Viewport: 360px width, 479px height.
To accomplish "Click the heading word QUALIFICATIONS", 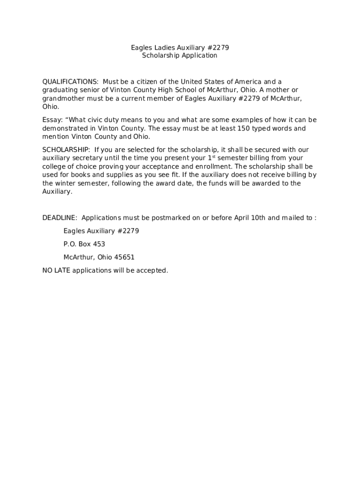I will click(x=70, y=82).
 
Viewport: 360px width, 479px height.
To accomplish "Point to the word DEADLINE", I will click(x=60, y=218).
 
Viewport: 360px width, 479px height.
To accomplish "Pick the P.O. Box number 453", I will click(x=100, y=244).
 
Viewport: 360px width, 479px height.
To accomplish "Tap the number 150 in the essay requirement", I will click(x=244, y=128).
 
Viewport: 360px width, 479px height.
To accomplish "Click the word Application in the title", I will click(x=200, y=56).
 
